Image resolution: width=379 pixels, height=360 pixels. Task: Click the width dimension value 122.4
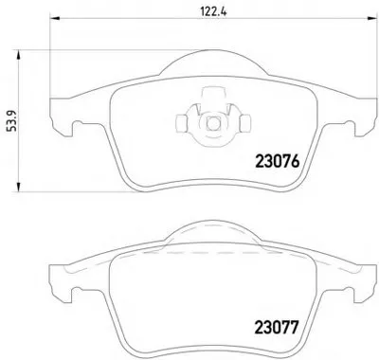point(214,11)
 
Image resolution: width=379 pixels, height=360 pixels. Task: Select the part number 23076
point(277,162)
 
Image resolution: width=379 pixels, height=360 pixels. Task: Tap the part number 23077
point(277,327)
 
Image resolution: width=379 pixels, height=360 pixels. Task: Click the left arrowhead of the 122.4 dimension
point(55,19)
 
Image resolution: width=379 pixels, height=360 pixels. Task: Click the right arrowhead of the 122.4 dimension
point(371,19)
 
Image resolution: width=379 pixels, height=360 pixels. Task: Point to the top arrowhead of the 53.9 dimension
point(18,55)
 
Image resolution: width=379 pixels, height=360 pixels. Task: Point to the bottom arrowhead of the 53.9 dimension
point(18,187)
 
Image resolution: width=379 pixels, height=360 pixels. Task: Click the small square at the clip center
point(213,123)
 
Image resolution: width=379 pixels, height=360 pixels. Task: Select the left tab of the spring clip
point(181,123)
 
